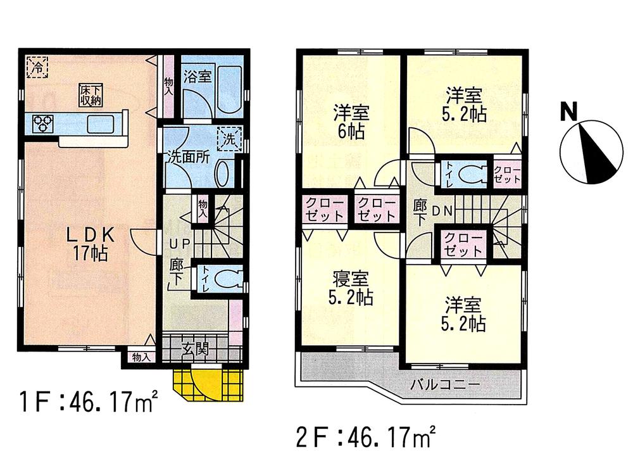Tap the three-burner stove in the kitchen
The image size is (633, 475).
[42, 122]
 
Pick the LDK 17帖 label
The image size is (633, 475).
[91, 244]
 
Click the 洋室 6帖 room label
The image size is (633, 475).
[352, 123]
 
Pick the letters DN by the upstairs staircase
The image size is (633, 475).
[442, 213]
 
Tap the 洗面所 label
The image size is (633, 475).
[188, 158]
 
